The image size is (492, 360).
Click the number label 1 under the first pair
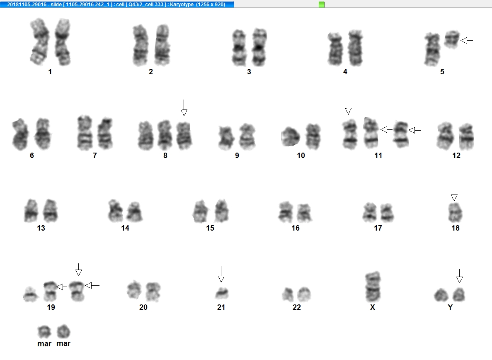[50, 72]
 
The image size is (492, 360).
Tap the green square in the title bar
[321, 5]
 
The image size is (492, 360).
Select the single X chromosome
[373, 287]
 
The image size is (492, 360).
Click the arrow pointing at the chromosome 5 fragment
[467, 41]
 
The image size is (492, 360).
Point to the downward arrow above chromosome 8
[184, 108]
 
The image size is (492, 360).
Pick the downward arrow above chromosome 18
[454, 193]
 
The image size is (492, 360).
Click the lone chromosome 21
[222, 293]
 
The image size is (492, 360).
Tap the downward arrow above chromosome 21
[221, 274]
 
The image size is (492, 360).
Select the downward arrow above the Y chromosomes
[459, 276]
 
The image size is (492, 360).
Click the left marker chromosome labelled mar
[44, 332]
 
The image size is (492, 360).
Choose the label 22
[296, 307]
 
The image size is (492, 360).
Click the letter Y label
[450, 307]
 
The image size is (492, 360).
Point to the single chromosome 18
[455, 212]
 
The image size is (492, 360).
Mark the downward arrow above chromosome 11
[348, 107]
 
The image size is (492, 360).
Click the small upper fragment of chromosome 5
[452, 39]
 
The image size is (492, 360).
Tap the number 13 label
[41, 228]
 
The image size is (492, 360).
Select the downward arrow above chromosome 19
[78, 270]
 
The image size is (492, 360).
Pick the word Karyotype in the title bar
[182, 5]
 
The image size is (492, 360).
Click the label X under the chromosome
[373, 307]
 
